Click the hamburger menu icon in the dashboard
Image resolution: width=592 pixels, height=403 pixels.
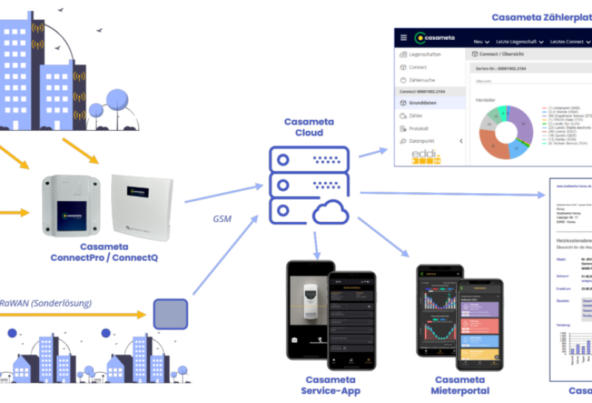403,38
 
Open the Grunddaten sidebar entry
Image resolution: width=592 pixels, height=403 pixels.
425,104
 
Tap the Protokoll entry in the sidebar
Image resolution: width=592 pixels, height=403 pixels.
419,128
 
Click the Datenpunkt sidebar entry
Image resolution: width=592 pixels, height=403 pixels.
424,140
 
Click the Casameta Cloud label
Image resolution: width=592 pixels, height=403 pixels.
309,128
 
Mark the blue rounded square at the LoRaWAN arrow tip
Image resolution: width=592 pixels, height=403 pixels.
171,314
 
